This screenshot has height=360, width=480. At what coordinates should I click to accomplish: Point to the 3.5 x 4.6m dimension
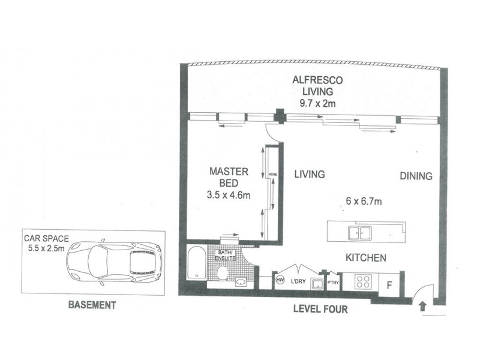coord(229,194)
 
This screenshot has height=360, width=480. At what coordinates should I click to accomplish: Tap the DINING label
coord(416,176)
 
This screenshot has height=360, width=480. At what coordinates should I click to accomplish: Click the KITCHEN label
coord(365,257)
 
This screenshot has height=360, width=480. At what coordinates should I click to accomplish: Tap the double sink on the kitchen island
coord(359,231)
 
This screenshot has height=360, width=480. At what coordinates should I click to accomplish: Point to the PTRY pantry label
coord(332,281)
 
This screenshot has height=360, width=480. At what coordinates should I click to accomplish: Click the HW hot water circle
coord(280,280)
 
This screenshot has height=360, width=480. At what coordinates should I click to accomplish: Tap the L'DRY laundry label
coord(298,280)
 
